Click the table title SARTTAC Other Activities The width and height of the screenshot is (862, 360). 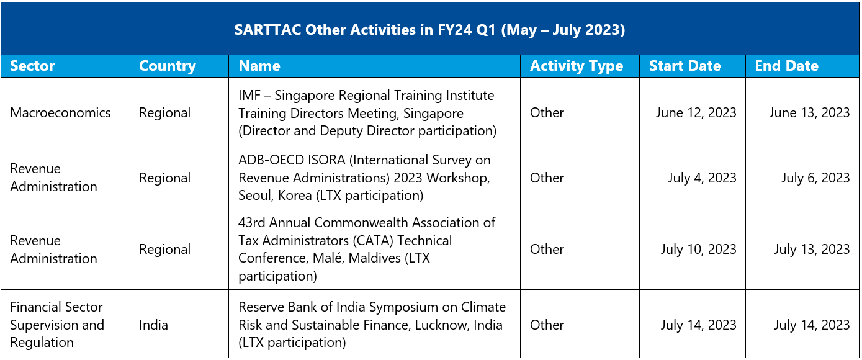(429, 30)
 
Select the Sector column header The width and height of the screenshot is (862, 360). (32, 66)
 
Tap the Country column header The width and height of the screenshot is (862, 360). (168, 66)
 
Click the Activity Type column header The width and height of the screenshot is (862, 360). (577, 66)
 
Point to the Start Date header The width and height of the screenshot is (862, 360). (685, 66)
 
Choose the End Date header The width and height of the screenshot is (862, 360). (786, 66)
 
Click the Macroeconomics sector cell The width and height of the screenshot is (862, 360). (60, 112)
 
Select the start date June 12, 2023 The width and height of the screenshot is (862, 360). (696, 112)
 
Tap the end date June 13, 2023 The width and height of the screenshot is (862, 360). (809, 112)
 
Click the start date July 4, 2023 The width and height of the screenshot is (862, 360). (702, 178)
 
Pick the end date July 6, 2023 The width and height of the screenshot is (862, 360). (815, 178)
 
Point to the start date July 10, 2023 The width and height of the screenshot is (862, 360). (698, 249)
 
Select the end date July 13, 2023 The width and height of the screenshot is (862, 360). (812, 249)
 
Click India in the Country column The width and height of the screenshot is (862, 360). (153, 325)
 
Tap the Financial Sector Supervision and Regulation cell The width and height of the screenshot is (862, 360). (57, 325)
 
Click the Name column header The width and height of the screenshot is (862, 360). (259, 66)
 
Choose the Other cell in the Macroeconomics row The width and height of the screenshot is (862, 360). (547, 112)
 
